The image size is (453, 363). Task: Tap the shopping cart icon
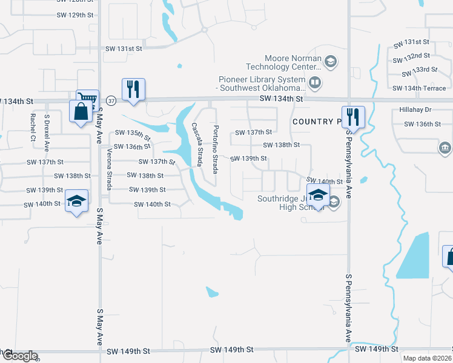point(87,99)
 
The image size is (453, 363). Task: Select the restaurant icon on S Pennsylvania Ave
point(352,116)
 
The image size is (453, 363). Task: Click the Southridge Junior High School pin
point(317,195)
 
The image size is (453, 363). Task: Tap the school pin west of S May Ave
point(77,201)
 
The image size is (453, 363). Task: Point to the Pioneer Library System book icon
point(315,82)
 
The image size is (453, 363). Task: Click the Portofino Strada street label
point(215,148)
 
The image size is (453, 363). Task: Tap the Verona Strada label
point(110,166)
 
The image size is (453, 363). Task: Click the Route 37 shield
point(110,100)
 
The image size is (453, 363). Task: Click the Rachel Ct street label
point(31,127)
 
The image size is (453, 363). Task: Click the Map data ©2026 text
point(427,358)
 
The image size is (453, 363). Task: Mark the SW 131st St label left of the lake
point(124,48)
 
